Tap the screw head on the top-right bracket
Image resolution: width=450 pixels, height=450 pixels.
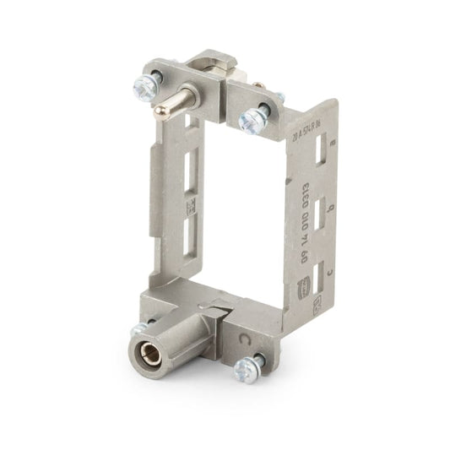coord(252,119)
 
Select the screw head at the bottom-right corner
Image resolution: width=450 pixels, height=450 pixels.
coord(246,369)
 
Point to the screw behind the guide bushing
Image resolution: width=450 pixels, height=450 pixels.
coord(138,328)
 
